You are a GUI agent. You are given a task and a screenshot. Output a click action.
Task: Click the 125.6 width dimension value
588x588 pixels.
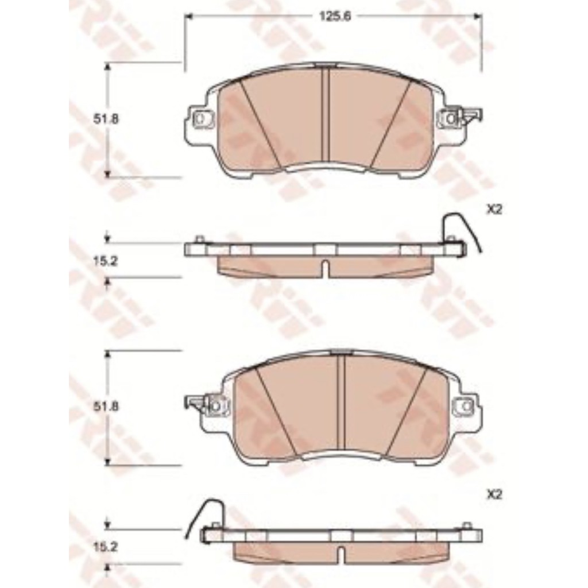[x=335, y=17]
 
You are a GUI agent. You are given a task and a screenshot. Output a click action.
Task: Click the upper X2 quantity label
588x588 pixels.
[x=494, y=210]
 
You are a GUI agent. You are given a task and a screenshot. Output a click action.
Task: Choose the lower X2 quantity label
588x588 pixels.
[x=494, y=496]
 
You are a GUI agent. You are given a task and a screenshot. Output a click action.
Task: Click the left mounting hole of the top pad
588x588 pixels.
[x=200, y=119]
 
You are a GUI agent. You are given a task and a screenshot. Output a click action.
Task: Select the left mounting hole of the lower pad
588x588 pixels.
[x=216, y=406]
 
